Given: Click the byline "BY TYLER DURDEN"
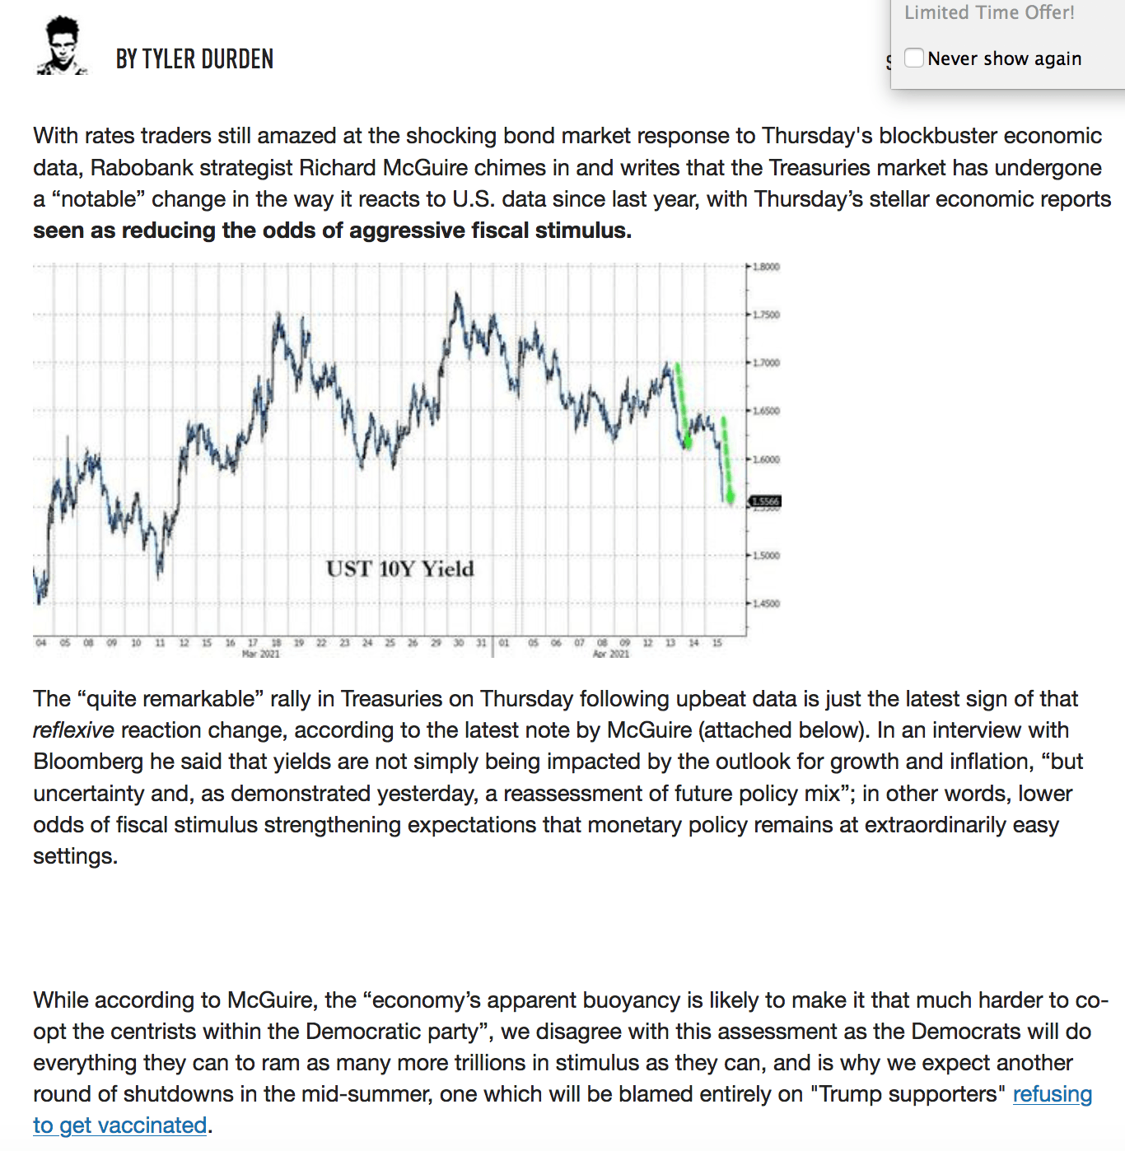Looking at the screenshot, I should [194, 59].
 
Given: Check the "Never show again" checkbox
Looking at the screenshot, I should [913, 58].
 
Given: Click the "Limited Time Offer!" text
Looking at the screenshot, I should [989, 12].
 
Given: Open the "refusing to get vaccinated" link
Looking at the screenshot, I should [1052, 1094].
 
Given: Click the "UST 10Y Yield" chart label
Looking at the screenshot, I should [399, 569].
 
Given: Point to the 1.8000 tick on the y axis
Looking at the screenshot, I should [766, 267].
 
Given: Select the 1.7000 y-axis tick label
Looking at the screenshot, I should [766, 363].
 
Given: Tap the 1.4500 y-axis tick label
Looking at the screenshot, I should [766, 603].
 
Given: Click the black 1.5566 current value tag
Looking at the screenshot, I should [765, 501].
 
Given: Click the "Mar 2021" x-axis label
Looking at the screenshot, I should [260, 654].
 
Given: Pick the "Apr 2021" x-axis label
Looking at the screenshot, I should [611, 654].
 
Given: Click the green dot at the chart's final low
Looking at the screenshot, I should [731, 497].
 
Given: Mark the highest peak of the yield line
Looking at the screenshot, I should [456, 294].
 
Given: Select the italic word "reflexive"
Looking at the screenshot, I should [73, 730].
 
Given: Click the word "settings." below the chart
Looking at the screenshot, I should [75, 856].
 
